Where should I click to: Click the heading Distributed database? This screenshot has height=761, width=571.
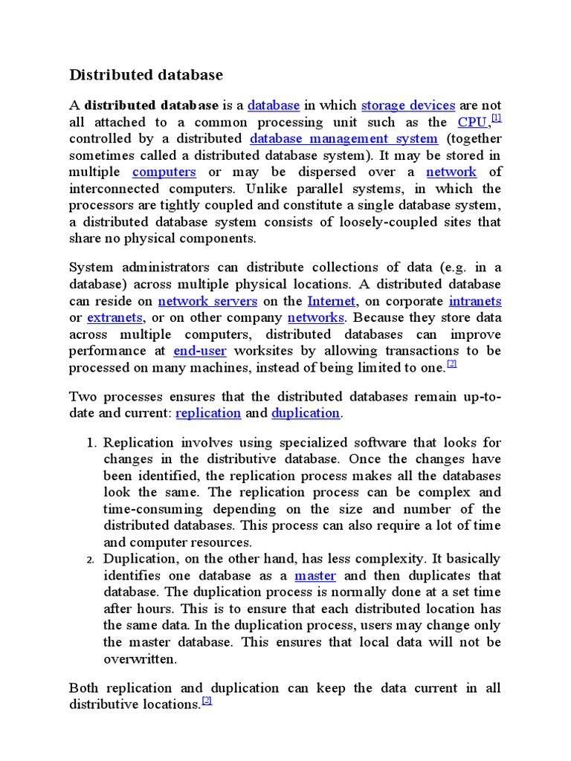click(x=146, y=75)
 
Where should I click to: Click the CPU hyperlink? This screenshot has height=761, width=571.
click(x=472, y=122)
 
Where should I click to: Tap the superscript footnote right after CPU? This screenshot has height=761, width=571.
click(x=497, y=117)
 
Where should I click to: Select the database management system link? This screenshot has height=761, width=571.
click(x=343, y=139)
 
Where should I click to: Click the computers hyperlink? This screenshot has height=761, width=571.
click(x=164, y=172)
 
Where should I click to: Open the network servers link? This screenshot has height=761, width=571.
click(x=207, y=301)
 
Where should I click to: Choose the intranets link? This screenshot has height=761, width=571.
click(x=475, y=301)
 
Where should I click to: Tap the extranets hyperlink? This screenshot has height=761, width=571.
click(x=114, y=317)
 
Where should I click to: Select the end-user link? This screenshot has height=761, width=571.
click(x=199, y=350)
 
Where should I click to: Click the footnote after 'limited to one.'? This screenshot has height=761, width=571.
click(x=451, y=363)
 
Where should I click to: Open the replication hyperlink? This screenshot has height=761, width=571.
click(x=208, y=412)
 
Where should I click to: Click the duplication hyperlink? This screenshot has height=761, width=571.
click(x=306, y=412)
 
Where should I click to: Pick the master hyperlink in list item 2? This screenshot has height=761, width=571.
click(x=315, y=576)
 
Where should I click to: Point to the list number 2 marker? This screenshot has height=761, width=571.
click(x=92, y=560)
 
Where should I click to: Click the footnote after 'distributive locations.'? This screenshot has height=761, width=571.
click(x=207, y=701)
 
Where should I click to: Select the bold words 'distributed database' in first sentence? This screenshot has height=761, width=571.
click(x=152, y=106)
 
